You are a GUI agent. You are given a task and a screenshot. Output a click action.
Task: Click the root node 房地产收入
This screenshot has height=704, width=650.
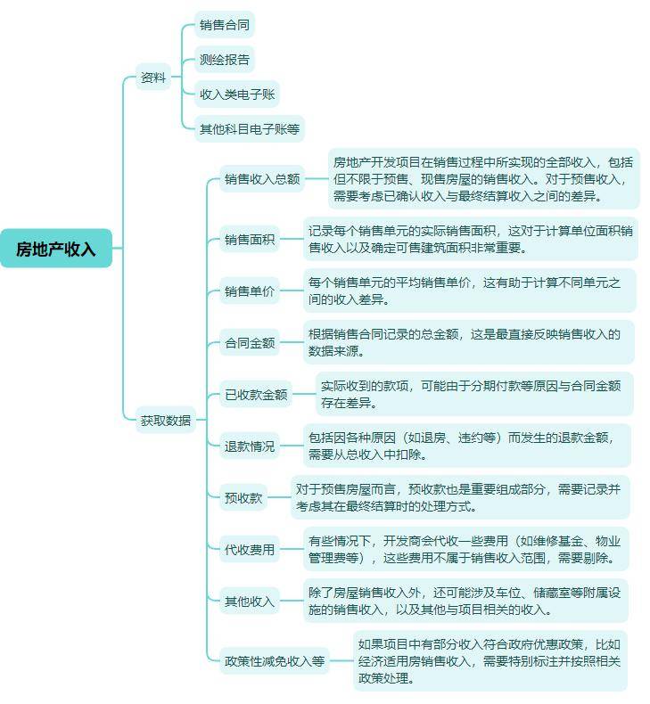(x=56, y=249)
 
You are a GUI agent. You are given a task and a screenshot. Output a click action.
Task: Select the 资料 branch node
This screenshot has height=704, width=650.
(x=153, y=78)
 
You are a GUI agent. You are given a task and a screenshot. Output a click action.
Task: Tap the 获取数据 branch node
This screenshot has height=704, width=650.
(x=166, y=421)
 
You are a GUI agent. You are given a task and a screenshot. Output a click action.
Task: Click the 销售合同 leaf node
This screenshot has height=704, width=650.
(x=225, y=25)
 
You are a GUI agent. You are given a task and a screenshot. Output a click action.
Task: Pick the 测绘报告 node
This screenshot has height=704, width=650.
(x=225, y=60)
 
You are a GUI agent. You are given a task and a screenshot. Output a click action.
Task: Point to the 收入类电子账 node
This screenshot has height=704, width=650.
(x=237, y=94)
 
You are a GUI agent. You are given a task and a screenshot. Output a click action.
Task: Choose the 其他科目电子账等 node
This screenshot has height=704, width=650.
(x=250, y=129)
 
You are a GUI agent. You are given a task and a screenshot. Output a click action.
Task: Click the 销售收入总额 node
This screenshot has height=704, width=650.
(x=262, y=179)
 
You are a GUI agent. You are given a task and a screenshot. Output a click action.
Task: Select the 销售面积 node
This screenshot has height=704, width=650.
(x=250, y=239)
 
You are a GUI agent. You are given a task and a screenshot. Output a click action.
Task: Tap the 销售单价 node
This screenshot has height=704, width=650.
(x=250, y=291)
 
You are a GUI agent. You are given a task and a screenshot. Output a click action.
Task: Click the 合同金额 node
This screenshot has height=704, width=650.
(x=250, y=342)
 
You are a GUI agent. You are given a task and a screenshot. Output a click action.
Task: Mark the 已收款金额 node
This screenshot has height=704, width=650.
(x=256, y=394)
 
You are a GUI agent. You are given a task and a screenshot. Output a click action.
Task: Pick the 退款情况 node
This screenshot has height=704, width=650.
(x=250, y=446)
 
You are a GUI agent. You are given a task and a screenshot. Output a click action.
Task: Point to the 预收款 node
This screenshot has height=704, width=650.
(x=243, y=497)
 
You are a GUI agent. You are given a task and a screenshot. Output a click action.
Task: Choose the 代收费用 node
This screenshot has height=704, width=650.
(x=250, y=549)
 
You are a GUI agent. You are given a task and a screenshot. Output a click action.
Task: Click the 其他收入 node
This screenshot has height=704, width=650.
(x=250, y=601)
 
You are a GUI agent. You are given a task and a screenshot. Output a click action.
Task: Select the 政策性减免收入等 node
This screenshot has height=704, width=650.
(x=275, y=661)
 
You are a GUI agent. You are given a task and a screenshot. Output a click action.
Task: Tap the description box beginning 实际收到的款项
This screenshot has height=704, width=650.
(x=474, y=394)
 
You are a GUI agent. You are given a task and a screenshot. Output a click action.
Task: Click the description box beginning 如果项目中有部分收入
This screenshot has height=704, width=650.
(x=490, y=661)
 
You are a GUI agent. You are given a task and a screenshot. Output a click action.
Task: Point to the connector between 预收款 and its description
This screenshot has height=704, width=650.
(x=279, y=497)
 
